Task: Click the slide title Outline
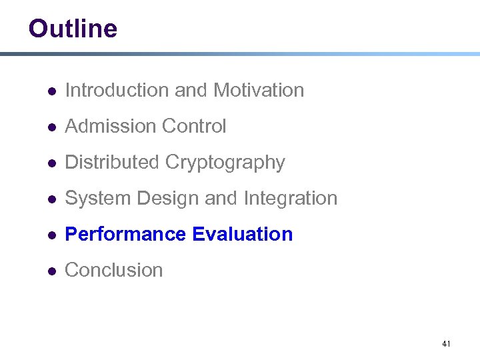73,29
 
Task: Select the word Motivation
259,90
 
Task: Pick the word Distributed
112,162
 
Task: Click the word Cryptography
225,163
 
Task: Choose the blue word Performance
125,234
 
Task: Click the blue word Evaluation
242,234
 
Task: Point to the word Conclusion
114,270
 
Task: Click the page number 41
446,344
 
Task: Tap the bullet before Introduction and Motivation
51,91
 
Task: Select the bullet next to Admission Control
51,127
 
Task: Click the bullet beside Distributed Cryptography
51,163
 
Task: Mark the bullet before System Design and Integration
51,199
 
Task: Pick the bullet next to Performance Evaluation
51,235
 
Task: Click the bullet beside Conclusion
51,271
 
